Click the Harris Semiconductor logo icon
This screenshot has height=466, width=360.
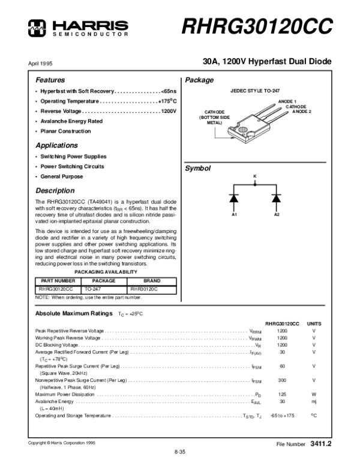38,25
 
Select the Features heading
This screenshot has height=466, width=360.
50,80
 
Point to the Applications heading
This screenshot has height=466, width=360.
56,145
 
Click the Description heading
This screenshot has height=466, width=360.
55,190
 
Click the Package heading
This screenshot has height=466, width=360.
199,80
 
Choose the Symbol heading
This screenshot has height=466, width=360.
198,169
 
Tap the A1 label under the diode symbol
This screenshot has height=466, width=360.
235,214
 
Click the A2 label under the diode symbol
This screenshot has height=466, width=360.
277,214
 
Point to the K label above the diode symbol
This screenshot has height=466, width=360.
254,175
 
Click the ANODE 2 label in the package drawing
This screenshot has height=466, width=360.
302,112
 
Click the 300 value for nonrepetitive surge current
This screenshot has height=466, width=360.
282,380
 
